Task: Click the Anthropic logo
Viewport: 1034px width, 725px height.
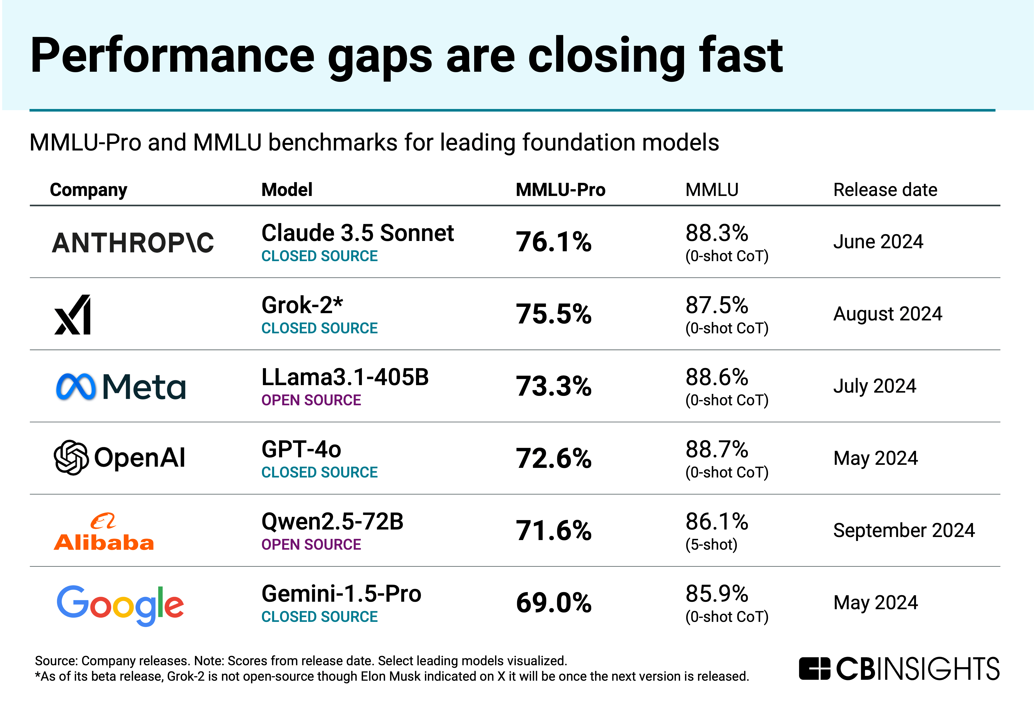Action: [133, 243]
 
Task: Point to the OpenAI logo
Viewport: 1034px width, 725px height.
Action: [119, 458]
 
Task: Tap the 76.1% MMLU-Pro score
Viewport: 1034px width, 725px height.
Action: [553, 242]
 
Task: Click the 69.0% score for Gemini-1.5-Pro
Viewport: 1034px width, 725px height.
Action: [553, 603]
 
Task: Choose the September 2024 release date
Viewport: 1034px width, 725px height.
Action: [904, 530]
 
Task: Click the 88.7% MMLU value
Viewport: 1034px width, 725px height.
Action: [716, 449]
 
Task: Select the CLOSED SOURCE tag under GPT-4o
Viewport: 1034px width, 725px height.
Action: [319, 473]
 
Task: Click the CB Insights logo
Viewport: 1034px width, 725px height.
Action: [899, 669]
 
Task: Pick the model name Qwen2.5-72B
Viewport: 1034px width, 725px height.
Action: [332, 522]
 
